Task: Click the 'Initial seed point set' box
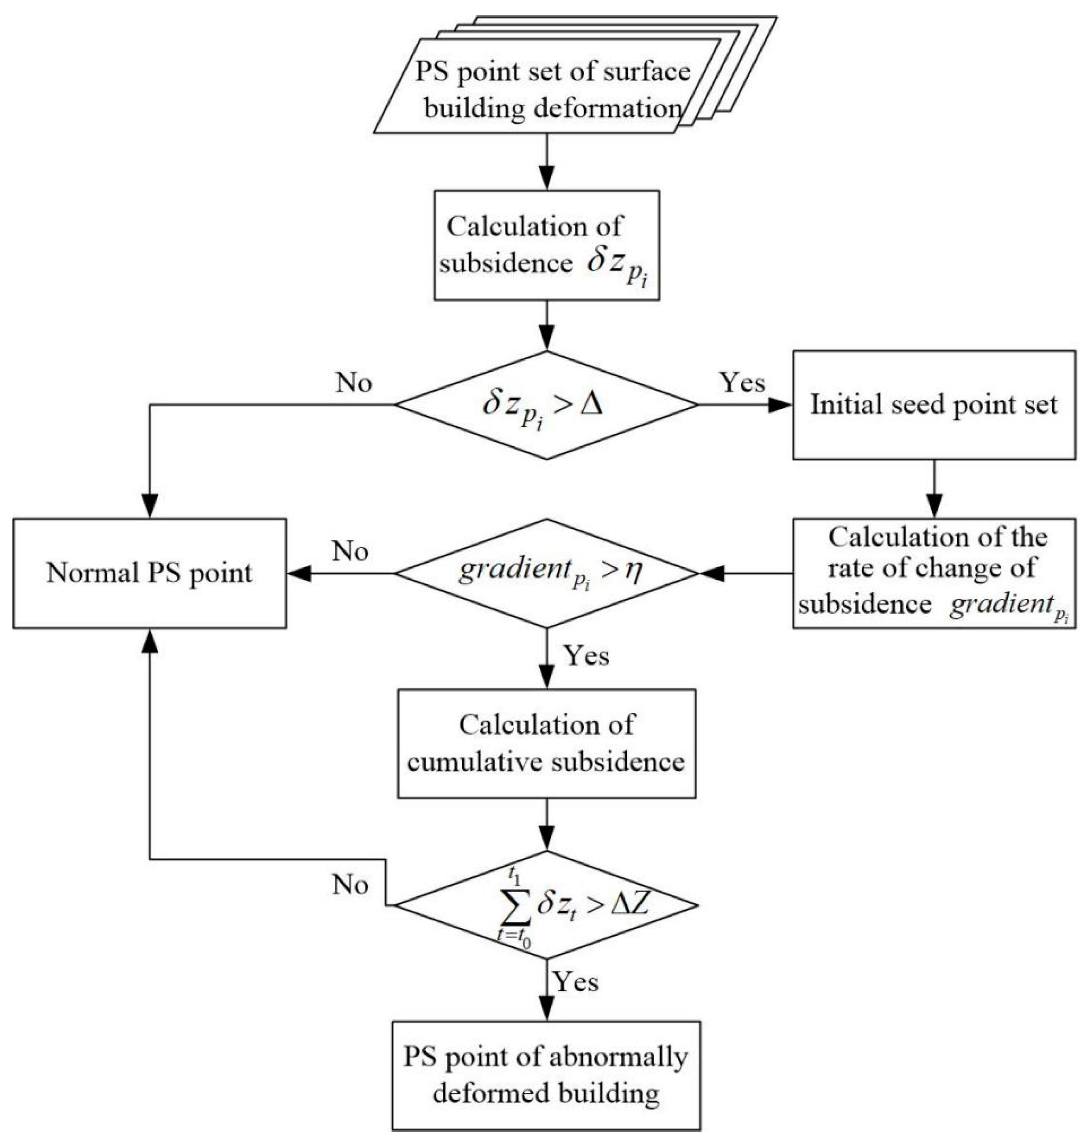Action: pyautogui.click(x=933, y=405)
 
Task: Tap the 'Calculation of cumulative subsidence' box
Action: pyautogui.click(x=546, y=744)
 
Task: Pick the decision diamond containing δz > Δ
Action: pyautogui.click(x=546, y=405)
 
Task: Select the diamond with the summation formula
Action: pyautogui.click(x=546, y=905)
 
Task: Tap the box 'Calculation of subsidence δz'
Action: pyautogui.click(x=546, y=245)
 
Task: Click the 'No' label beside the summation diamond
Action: pyautogui.click(x=350, y=885)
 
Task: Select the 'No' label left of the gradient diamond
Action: pyautogui.click(x=350, y=552)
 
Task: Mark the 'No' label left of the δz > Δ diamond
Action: pyautogui.click(x=354, y=383)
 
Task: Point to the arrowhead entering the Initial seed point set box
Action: pyautogui.click(x=780, y=405)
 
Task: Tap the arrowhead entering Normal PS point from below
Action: pyautogui.click(x=150, y=641)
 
